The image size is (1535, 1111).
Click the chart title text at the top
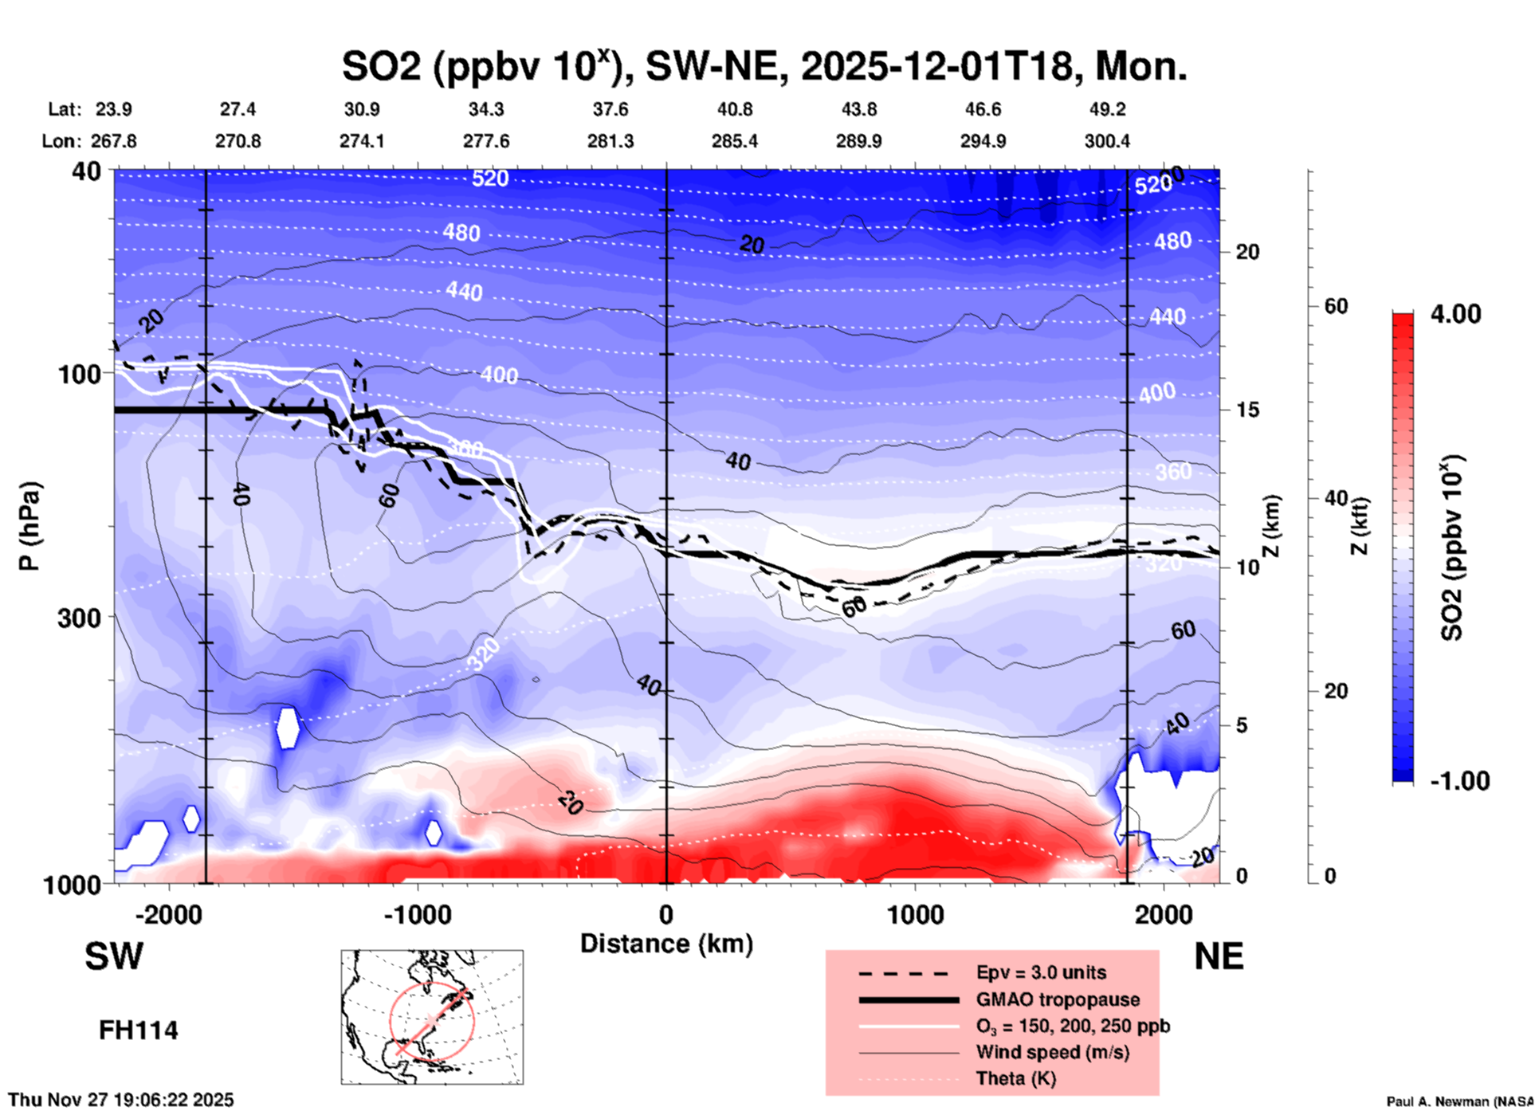pyautogui.click(x=764, y=66)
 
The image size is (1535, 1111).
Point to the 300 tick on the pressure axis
pyautogui.click(x=79, y=618)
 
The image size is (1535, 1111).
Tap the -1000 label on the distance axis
pyautogui.click(x=417, y=914)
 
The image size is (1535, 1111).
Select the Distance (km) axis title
pyautogui.click(x=665, y=944)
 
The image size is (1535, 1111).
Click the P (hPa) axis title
pyautogui.click(x=29, y=526)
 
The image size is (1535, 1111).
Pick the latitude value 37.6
pyautogui.click(x=610, y=109)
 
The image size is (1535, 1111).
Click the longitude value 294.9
pyautogui.click(x=983, y=141)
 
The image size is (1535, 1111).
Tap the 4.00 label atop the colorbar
pyautogui.click(x=1455, y=314)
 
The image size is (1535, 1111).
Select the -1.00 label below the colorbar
pyautogui.click(x=1459, y=781)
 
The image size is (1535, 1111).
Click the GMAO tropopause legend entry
pyautogui.click(x=1058, y=999)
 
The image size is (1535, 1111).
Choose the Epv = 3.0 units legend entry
pyautogui.click(x=1041, y=972)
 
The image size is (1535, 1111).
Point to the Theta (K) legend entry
pyautogui.click(x=1015, y=1078)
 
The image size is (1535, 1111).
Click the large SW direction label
pyautogui.click(x=114, y=956)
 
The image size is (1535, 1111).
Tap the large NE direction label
pyautogui.click(x=1219, y=956)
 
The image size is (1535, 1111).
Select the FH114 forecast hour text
pyautogui.click(x=138, y=1031)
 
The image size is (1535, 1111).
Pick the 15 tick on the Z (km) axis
pyautogui.click(x=1247, y=410)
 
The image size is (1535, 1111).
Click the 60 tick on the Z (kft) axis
pyautogui.click(x=1336, y=306)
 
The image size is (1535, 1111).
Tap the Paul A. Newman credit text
pyautogui.click(x=1459, y=1101)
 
